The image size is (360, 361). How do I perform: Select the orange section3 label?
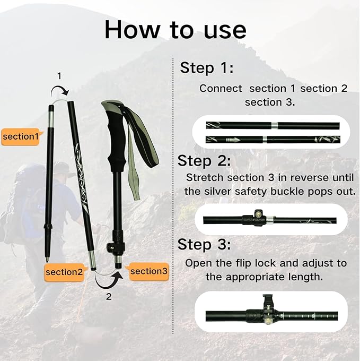click(x=148, y=271)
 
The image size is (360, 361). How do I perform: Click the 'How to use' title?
click(x=175, y=30)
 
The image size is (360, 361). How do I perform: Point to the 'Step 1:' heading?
click(x=206, y=68)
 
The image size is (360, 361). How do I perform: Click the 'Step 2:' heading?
click(x=204, y=160)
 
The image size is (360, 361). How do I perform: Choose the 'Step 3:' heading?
click(x=204, y=244)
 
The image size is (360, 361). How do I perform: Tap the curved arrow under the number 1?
click(x=59, y=91)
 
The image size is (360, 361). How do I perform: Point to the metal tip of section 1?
click(x=47, y=259)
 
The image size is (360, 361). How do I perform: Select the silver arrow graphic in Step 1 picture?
click(x=233, y=140)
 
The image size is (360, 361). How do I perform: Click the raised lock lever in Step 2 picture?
click(x=259, y=213)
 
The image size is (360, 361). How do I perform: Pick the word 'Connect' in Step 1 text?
click(x=221, y=89)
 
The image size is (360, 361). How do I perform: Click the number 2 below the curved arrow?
click(x=109, y=297)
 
